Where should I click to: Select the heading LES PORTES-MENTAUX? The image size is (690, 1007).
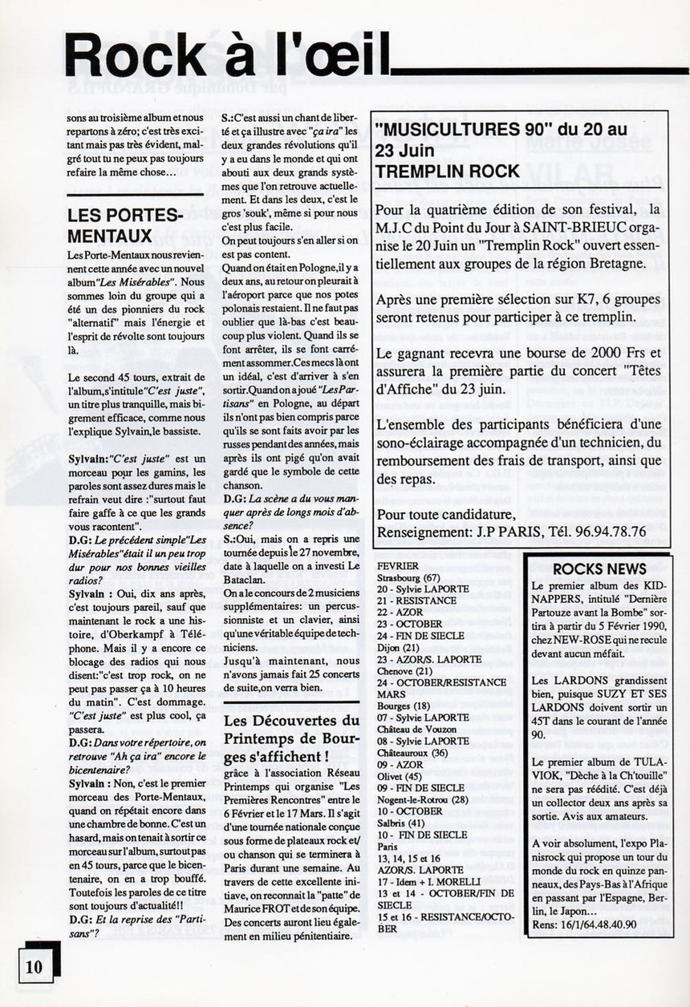coord(124,225)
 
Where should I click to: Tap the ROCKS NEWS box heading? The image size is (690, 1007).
coord(599,568)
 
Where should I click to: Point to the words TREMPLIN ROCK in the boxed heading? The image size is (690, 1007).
coord(448,171)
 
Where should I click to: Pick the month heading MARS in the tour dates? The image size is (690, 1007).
coord(390,694)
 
